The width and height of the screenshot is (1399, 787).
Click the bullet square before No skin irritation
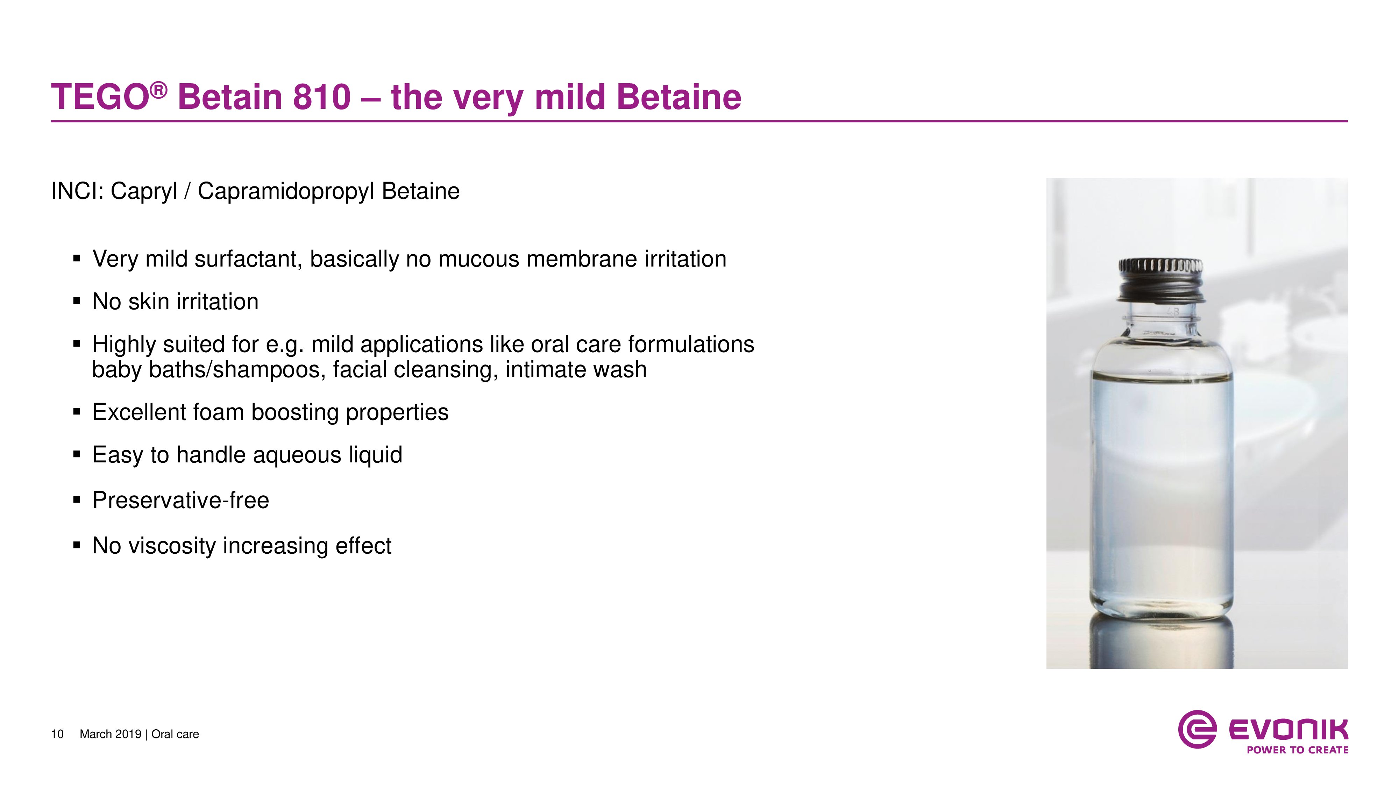click(x=77, y=301)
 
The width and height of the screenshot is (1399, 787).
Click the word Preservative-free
click(x=181, y=500)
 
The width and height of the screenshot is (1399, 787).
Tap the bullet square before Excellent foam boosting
click(x=77, y=412)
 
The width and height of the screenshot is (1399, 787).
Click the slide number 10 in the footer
click(x=57, y=734)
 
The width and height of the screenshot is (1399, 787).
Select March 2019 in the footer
click(x=110, y=734)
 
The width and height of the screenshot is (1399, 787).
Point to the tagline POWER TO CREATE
click(x=1298, y=750)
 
